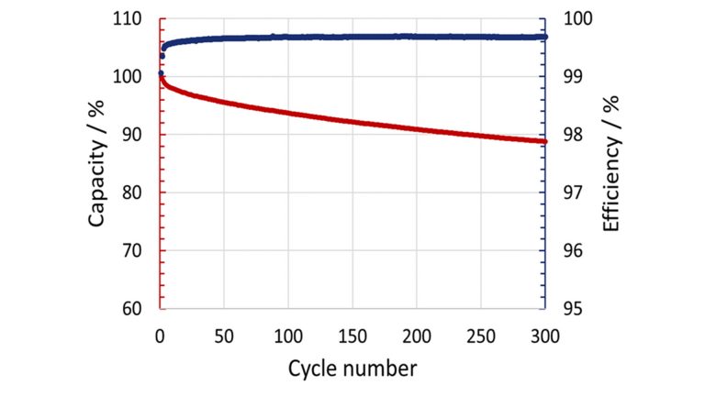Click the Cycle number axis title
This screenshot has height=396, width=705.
(352, 368)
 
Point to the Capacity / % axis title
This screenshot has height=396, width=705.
(100, 164)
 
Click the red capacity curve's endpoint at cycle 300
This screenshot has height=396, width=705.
(544, 141)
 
